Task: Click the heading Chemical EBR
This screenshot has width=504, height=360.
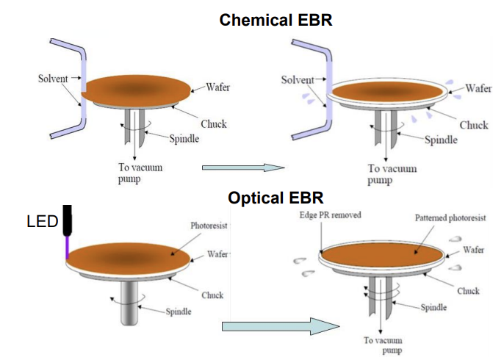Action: (x=276, y=20)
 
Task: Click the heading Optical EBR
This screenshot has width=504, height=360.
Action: (x=276, y=198)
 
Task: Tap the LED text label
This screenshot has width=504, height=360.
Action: (x=42, y=221)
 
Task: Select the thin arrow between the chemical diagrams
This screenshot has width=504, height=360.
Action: (x=243, y=168)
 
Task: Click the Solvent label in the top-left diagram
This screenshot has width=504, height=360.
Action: (x=53, y=79)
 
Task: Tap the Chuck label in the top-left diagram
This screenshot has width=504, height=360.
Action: (x=213, y=124)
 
